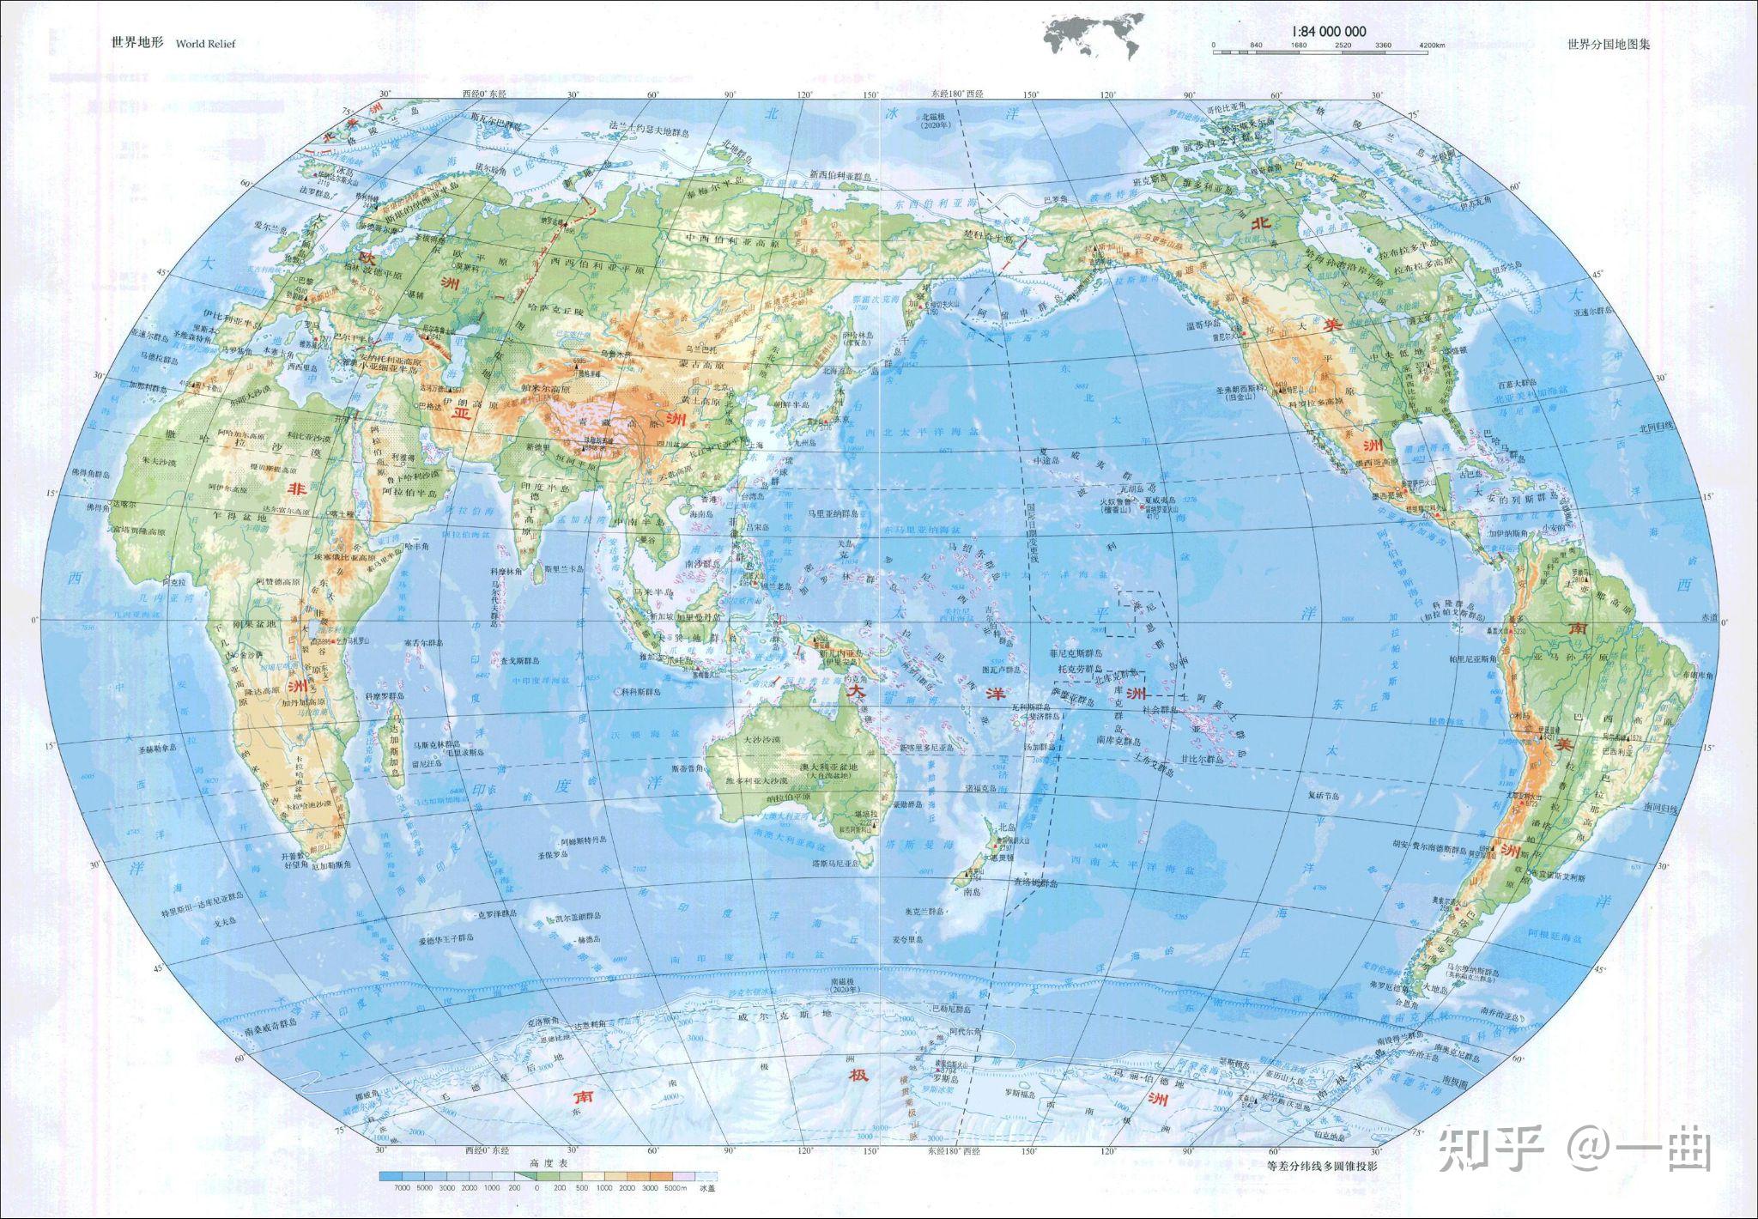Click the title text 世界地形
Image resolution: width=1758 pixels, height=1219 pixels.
137,43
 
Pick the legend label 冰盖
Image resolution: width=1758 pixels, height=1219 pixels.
706,1189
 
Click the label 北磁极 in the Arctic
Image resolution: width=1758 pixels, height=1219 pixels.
937,119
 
